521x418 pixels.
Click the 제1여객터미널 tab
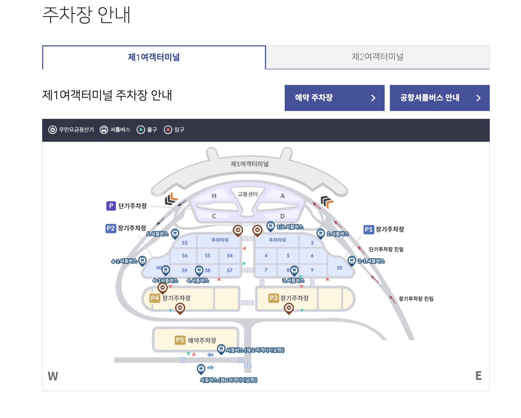point(154,57)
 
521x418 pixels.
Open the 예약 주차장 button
point(334,98)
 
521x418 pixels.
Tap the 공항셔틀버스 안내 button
point(440,98)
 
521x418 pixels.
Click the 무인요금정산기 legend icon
point(53,130)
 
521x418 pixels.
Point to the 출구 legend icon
point(141,130)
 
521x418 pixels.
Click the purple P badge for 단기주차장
point(111,206)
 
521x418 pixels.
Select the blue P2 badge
point(111,228)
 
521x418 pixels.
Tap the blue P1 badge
point(368,229)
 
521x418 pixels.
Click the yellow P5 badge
point(180,340)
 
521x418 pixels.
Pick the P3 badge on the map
point(274,298)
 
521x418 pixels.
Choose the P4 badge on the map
point(155,298)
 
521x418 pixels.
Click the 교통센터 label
point(247,194)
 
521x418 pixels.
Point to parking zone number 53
point(185,243)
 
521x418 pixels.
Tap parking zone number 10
point(339,268)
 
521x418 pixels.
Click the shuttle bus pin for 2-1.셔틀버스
point(352,260)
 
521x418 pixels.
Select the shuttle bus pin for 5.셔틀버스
point(175,233)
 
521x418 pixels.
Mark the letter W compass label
point(53,376)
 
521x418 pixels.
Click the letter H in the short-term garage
point(214,196)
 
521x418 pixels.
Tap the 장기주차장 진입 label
point(416,299)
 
